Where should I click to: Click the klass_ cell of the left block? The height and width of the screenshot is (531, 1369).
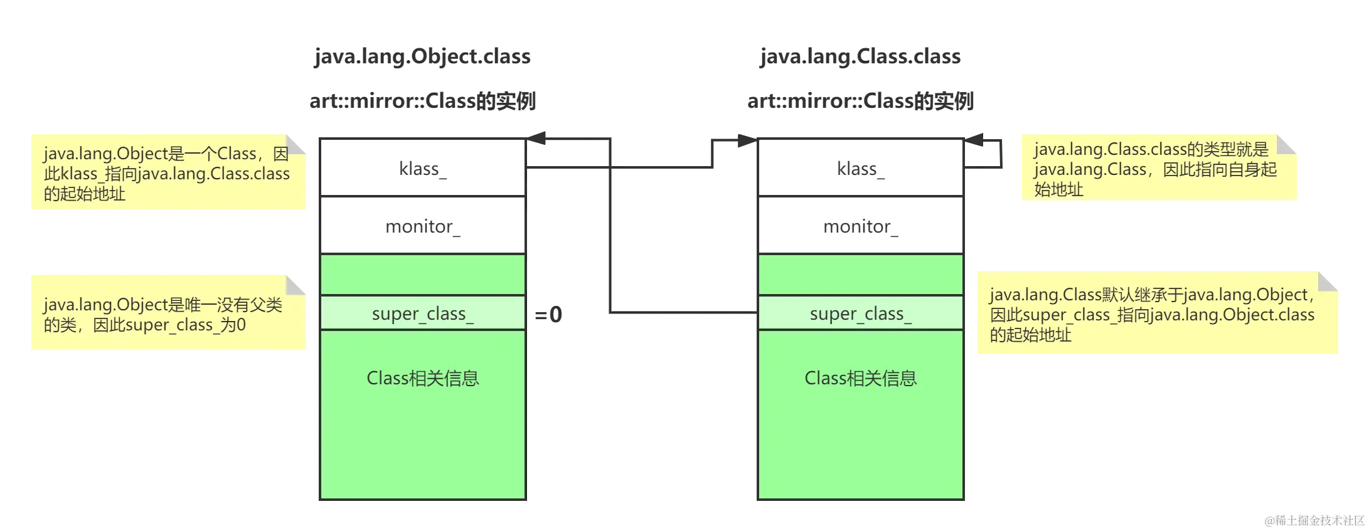tap(422, 168)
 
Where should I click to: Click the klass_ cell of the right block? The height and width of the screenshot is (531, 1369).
tap(860, 168)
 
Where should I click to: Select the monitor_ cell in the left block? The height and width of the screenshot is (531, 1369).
tap(422, 226)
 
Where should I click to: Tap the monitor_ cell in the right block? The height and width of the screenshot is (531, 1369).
tap(860, 226)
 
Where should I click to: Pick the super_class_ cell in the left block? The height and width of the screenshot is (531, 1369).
tap(422, 313)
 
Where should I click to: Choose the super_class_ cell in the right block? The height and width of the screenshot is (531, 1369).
tap(860, 313)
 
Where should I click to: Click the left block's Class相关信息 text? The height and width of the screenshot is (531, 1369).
tap(422, 378)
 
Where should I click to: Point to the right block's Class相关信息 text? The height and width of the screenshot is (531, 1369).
tap(860, 378)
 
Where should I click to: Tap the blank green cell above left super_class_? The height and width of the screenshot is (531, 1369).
tap(422, 275)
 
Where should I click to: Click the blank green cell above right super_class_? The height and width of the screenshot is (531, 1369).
tap(860, 275)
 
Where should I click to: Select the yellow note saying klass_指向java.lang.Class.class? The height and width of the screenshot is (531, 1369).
tap(167, 173)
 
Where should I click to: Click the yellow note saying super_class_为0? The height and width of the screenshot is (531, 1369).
tap(167, 313)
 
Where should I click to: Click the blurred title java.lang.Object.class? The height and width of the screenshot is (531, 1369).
tap(422, 56)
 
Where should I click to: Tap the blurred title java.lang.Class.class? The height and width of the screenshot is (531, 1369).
tap(860, 56)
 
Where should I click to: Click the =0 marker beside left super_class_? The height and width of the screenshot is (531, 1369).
tap(548, 314)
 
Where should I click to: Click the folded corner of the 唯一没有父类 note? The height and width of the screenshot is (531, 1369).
tap(297, 283)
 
